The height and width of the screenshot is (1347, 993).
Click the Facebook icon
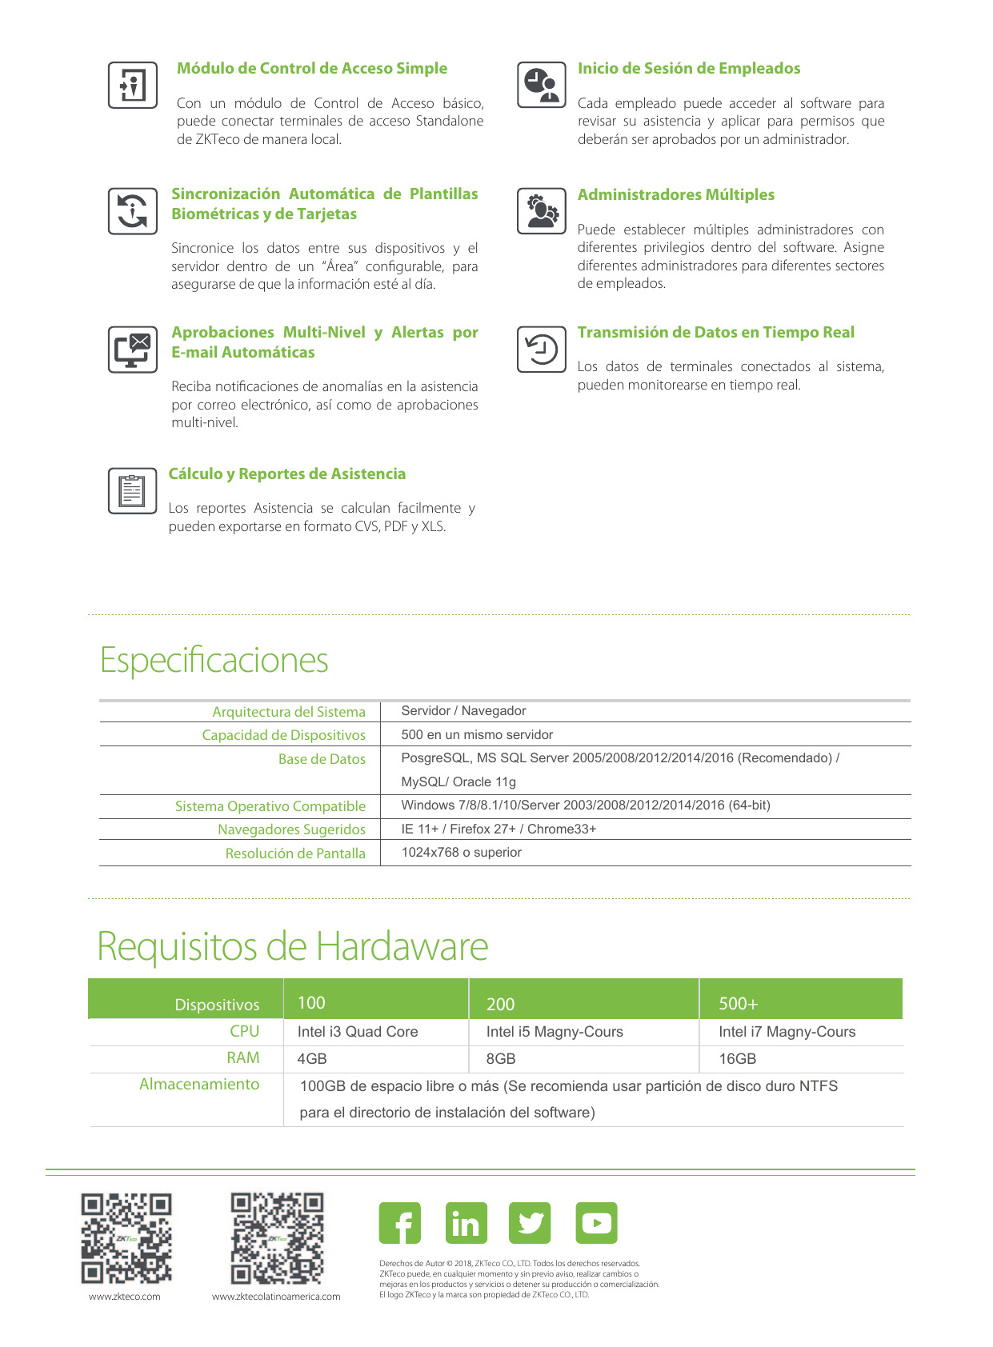(399, 1223)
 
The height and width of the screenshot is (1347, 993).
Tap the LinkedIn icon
(466, 1223)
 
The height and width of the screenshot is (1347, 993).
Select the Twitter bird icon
(530, 1223)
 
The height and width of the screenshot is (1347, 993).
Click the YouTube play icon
(596, 1223)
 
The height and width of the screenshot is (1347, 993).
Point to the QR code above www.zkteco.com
(126, 1238)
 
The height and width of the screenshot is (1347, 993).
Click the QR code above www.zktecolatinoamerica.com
(277, 1237)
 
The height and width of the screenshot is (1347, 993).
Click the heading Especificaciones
(214, 661)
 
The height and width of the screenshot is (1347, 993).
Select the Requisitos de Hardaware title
(292, 946)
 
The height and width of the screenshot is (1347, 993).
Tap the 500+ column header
(738, 1004)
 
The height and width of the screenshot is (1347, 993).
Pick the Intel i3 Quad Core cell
(358, 1032)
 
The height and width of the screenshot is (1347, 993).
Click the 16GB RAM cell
(737, 1059)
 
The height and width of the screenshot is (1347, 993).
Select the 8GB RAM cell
(501, 1059)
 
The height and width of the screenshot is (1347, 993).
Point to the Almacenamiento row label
(199, 1085)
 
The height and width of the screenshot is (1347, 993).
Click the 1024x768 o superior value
(461, 853)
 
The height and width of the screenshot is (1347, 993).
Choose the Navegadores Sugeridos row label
(291, 829)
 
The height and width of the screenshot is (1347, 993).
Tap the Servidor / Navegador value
(463, 711)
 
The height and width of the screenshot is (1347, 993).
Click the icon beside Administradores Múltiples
(542, 211)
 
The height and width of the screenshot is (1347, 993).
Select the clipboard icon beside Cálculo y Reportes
(132, 490)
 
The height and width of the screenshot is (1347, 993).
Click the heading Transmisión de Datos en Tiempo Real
(715, 333)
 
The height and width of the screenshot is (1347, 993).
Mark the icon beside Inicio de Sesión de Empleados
(542, 85)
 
